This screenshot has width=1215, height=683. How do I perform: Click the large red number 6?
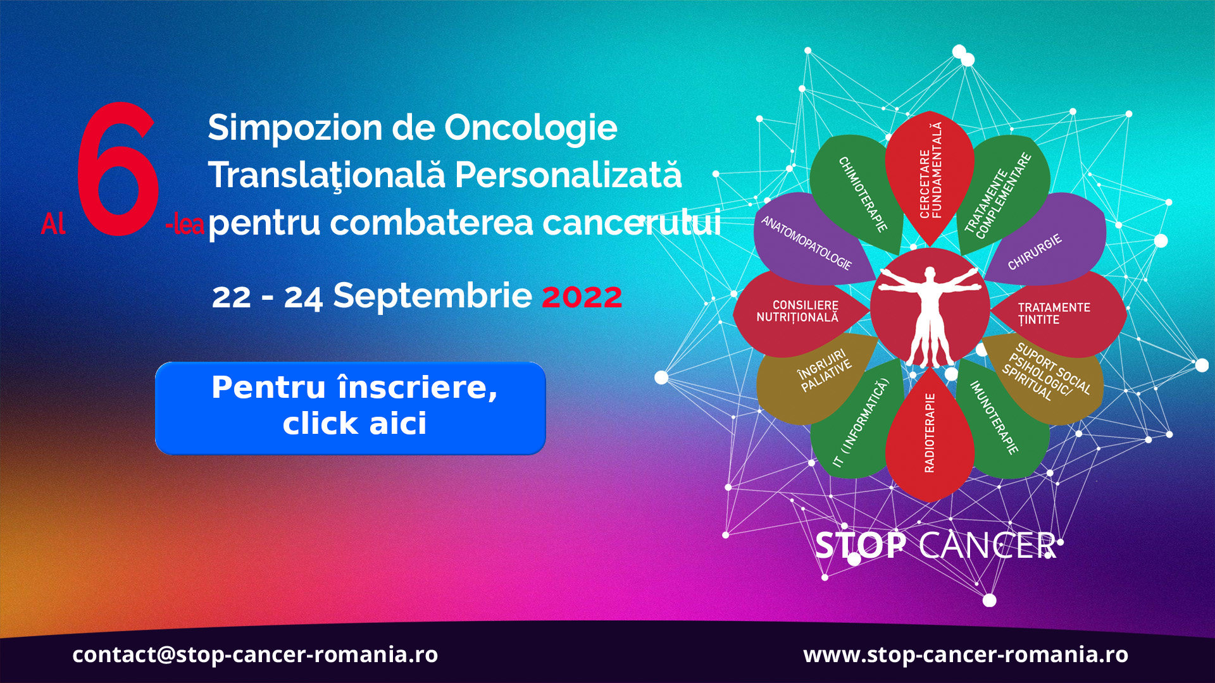tap(117, 169)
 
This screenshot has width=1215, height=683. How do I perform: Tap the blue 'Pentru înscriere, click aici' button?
tap(351, 408)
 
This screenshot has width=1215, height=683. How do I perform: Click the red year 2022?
tap(582, 297)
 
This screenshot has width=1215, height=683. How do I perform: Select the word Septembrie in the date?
tap(432, 296)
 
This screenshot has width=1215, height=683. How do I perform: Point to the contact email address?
tap(255, 655)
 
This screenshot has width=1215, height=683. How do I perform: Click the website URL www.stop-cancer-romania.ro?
tap(966, 655)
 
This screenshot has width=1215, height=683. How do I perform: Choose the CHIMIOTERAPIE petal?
tap(857, 193)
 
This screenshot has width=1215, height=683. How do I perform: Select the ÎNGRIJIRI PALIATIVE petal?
tap(816, 378)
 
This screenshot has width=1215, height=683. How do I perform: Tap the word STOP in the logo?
tap(861, 545)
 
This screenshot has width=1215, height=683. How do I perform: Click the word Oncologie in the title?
tap(531, 129)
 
